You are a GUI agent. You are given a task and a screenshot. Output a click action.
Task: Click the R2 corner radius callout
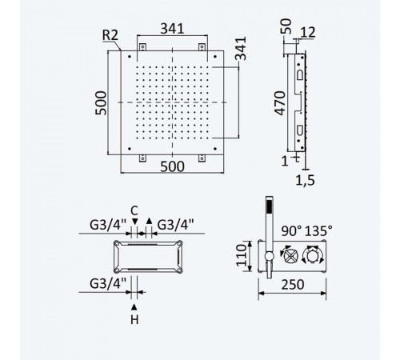click(110, 35)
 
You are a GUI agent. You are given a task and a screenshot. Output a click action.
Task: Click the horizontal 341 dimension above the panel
click(172, 29)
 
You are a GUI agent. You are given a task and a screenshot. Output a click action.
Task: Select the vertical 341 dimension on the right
click(241, 49)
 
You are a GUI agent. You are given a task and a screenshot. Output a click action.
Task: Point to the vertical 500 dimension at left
click(101, 103)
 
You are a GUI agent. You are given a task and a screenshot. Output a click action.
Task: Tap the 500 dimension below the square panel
click(172, 166)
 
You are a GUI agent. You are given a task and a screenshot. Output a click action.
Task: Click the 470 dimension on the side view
click(280, 103)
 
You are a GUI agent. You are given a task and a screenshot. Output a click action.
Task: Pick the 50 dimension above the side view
click(286, 26)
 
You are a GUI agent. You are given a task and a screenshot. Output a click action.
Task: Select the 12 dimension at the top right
click(308, 32)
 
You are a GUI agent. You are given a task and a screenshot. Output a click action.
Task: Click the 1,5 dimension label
click(305, 180)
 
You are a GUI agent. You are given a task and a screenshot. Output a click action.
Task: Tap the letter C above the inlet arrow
click(134, 210)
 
